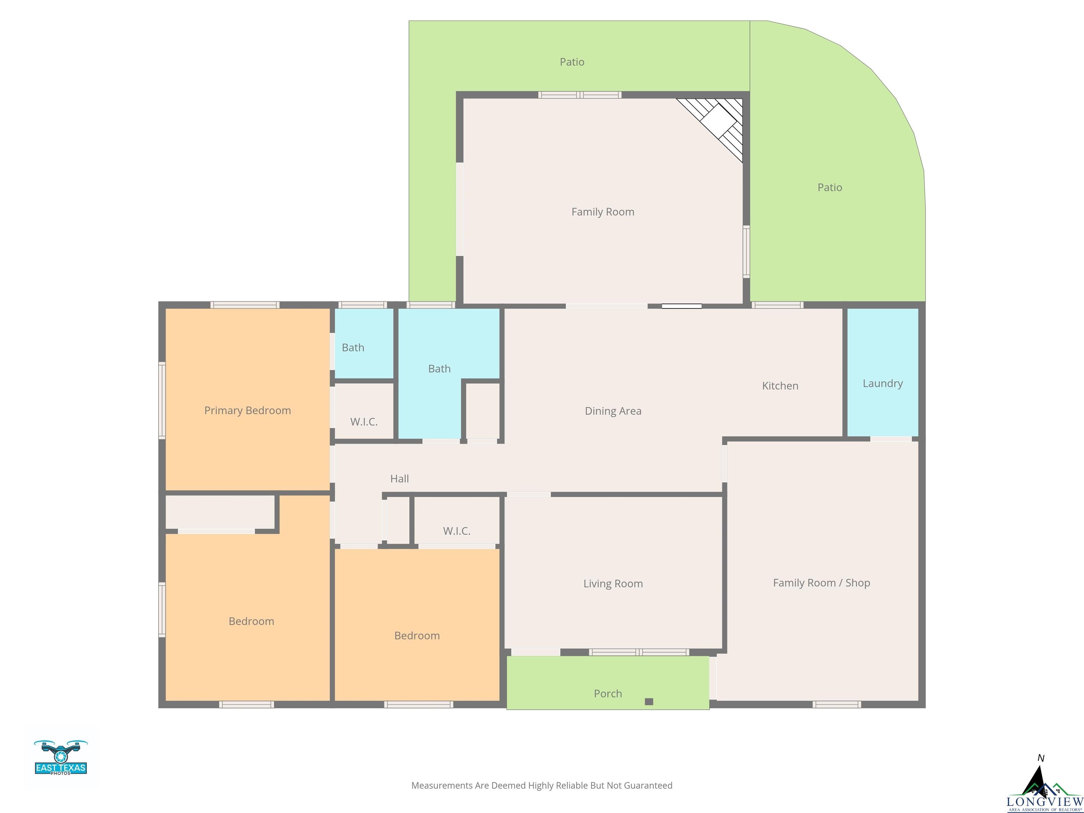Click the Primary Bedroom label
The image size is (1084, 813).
[x=247, y=411]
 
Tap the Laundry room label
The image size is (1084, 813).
[x=883, y=384]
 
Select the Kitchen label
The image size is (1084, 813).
[x=780, y=386]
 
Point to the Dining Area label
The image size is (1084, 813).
[x=613, y=411]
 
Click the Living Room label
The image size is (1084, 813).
[x=613, y=584]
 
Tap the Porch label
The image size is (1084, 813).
[x=608, y=693]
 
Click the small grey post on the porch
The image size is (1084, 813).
[x=649, y=702]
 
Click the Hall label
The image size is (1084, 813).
[x=399, y=479]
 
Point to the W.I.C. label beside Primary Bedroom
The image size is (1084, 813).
[x=363, y=422]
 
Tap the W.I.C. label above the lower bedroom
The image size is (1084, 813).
[x=457, y=531]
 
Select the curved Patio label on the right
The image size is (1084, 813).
[x=830, y=187]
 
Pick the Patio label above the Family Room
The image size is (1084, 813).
[x=572, y=62]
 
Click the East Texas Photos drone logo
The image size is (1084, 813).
[x=61, y=758]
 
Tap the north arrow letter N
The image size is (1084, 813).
[x=1041, y=758]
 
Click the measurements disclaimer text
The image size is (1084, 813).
[x=542, y=785]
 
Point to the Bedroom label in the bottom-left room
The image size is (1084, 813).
[x=251, y=621]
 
